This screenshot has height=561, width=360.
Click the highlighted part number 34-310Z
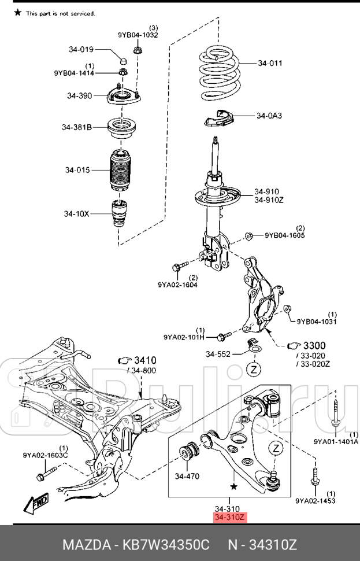(x=230, y=516)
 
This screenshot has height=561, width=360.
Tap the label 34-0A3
(x=269, y=116)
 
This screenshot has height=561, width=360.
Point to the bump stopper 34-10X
(x=119, y=215)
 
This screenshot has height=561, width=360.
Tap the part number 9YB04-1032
(x=138, y=35)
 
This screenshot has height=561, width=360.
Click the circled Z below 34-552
(x=255, y=368)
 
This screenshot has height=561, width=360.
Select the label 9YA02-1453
(x=315, y=500)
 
